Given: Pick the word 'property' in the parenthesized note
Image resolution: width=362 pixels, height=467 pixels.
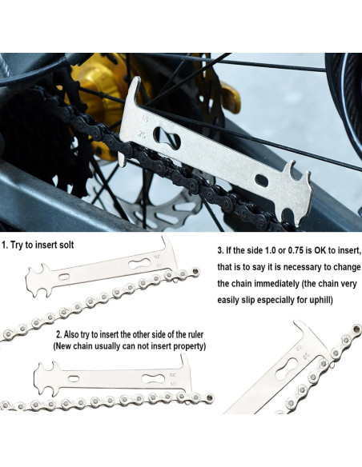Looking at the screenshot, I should tap(187, 346).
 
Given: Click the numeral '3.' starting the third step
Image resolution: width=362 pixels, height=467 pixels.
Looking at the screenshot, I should tap(222, 250).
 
